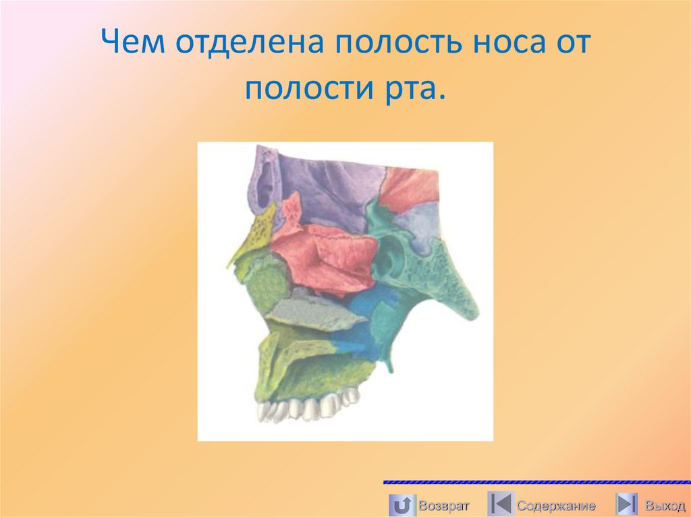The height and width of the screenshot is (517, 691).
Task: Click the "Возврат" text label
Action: click(442, 504)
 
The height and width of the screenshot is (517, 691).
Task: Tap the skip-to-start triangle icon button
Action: click(499, 504)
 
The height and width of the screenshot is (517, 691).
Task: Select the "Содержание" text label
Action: click(556, 505)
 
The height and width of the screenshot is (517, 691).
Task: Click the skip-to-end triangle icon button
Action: click(626, 504)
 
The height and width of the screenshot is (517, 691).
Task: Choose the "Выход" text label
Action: click(663, 505)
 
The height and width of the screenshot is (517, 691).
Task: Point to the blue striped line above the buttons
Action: click(536, 483)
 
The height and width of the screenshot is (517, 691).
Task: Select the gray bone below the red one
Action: click(307, 312)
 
